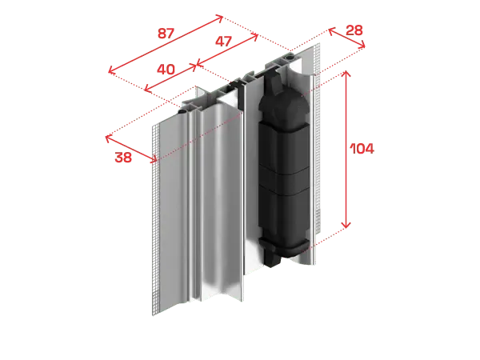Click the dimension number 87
166,33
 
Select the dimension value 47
223,41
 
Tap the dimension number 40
166,70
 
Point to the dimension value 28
354,30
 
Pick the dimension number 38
123,158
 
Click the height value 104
362,149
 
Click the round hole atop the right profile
289,57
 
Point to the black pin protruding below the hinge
272,259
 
